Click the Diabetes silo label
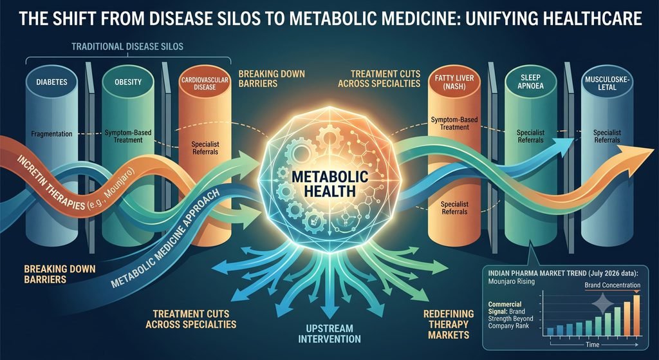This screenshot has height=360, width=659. (x=51, y=82)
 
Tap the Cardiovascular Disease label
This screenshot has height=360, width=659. (x=199, y=83)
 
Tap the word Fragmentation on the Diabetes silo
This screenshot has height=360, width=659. (x=51, y=134)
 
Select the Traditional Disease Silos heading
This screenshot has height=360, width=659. (x=128, y=46)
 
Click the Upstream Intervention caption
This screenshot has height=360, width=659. (x=329, y=333)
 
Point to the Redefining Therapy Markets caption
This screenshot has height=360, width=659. (x=449, y=324)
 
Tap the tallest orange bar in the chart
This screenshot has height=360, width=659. (x=636, y=315)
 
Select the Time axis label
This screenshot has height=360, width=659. (x=593, y=344)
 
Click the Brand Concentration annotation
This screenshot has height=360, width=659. (x=613, y=285)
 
